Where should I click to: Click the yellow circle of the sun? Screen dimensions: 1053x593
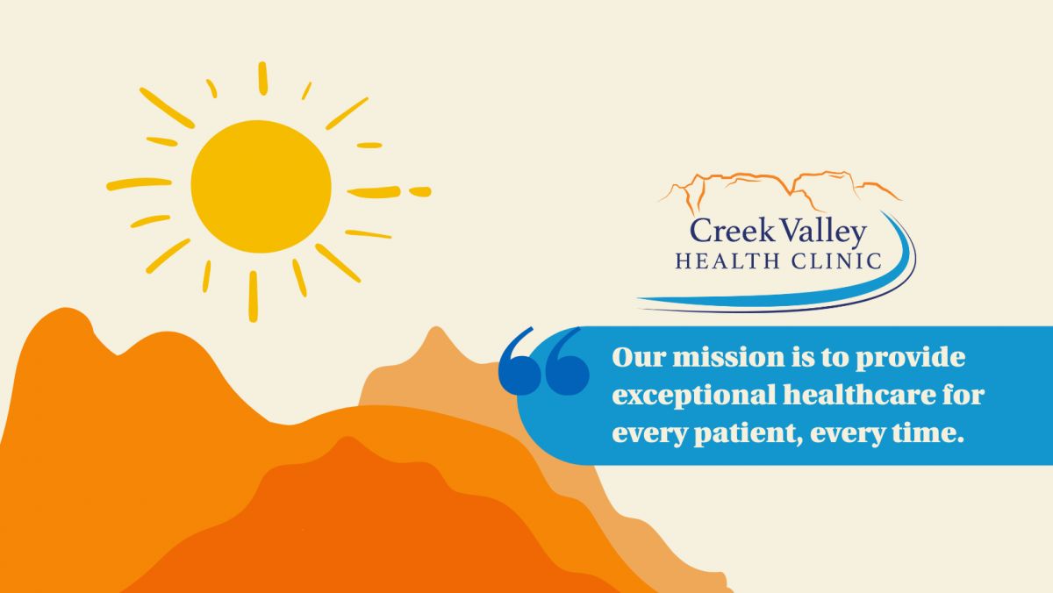[261, 187]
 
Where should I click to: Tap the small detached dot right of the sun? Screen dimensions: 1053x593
[419, 192]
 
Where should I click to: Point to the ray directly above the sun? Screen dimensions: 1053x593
[262, 78]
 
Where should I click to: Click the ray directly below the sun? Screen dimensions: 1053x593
[253, 296]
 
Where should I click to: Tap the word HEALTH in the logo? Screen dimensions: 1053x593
[727, 261]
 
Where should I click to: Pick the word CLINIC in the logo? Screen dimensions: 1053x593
[836, 261]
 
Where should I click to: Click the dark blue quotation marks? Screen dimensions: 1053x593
[543, 361]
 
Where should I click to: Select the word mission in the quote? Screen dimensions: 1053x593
[728, 358]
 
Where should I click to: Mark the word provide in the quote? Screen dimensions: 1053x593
[911, 359]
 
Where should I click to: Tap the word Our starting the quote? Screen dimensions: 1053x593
[639, 358]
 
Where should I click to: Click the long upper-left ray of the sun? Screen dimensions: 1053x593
[167, 108]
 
